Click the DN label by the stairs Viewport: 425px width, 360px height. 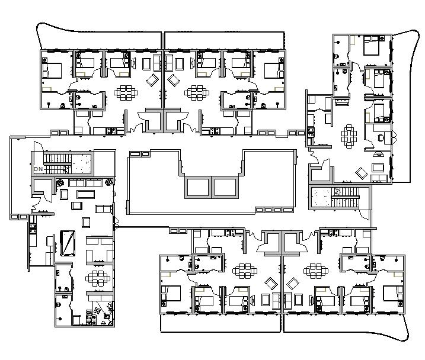click(39, 169)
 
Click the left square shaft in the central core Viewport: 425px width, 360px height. click(199, 188)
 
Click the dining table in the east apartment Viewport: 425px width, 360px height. click(349, 135)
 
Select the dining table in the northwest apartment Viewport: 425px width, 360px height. click(127, 92)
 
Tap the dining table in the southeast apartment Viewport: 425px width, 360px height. click(314, 271)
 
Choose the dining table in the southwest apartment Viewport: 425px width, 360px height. click(244, 271)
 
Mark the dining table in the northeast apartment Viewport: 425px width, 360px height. click(196, 92)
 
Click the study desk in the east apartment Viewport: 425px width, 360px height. click(381, 137)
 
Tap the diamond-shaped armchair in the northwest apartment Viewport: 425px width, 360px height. click(152, 79)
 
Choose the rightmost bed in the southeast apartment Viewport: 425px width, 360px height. click(393, 293)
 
